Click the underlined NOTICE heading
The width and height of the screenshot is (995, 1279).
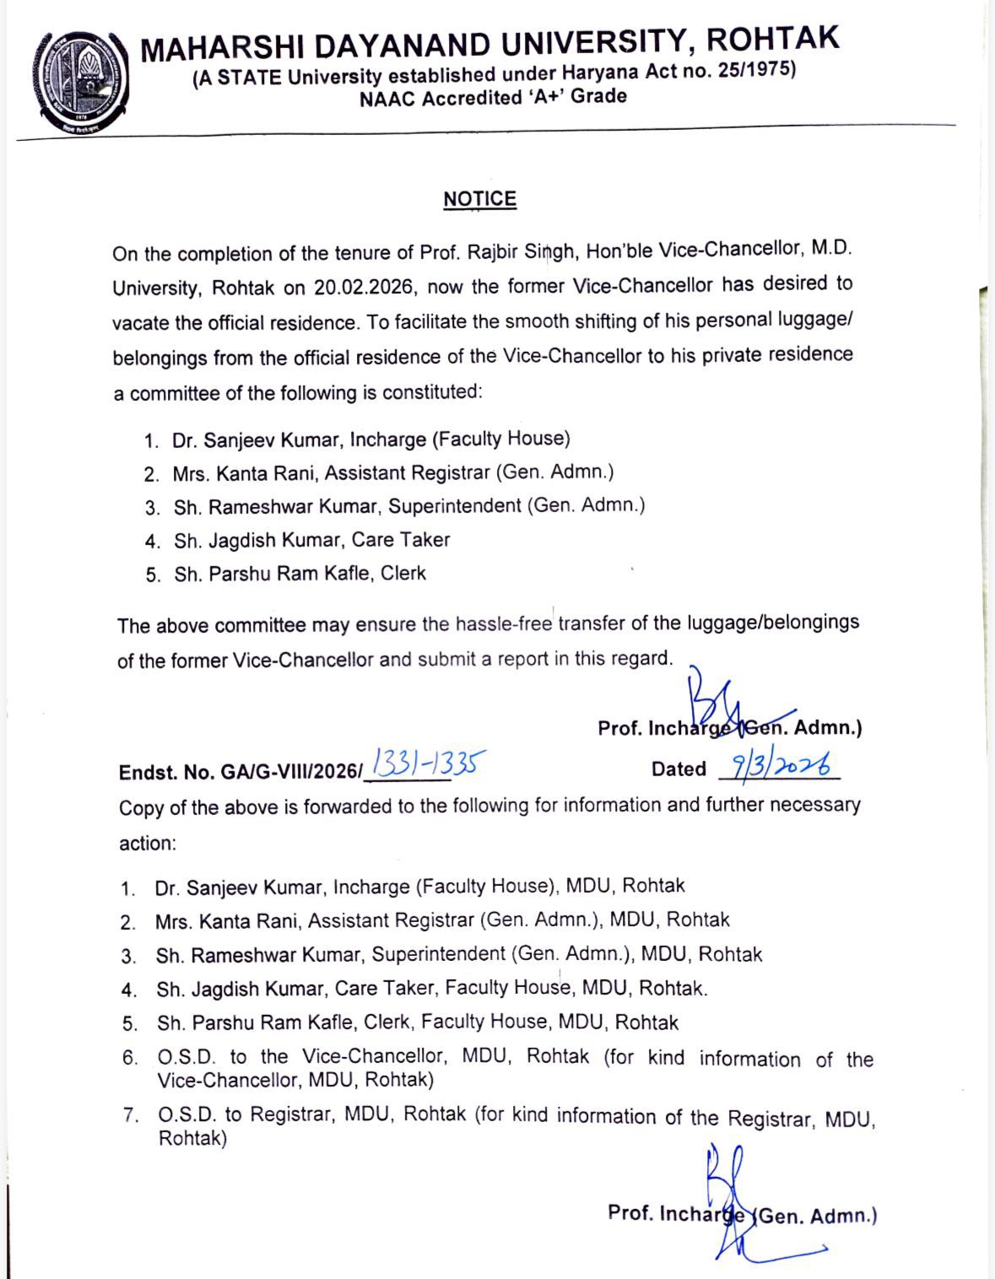[479, 199]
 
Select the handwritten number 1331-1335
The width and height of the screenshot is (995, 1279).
[429, 764]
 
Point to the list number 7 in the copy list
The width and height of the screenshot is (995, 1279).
[130, 1115]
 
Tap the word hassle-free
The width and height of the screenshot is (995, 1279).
[504, 624]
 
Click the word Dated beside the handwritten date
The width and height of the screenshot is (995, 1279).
[679, 769]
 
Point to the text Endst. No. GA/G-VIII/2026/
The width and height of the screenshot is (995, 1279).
[241, 771]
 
